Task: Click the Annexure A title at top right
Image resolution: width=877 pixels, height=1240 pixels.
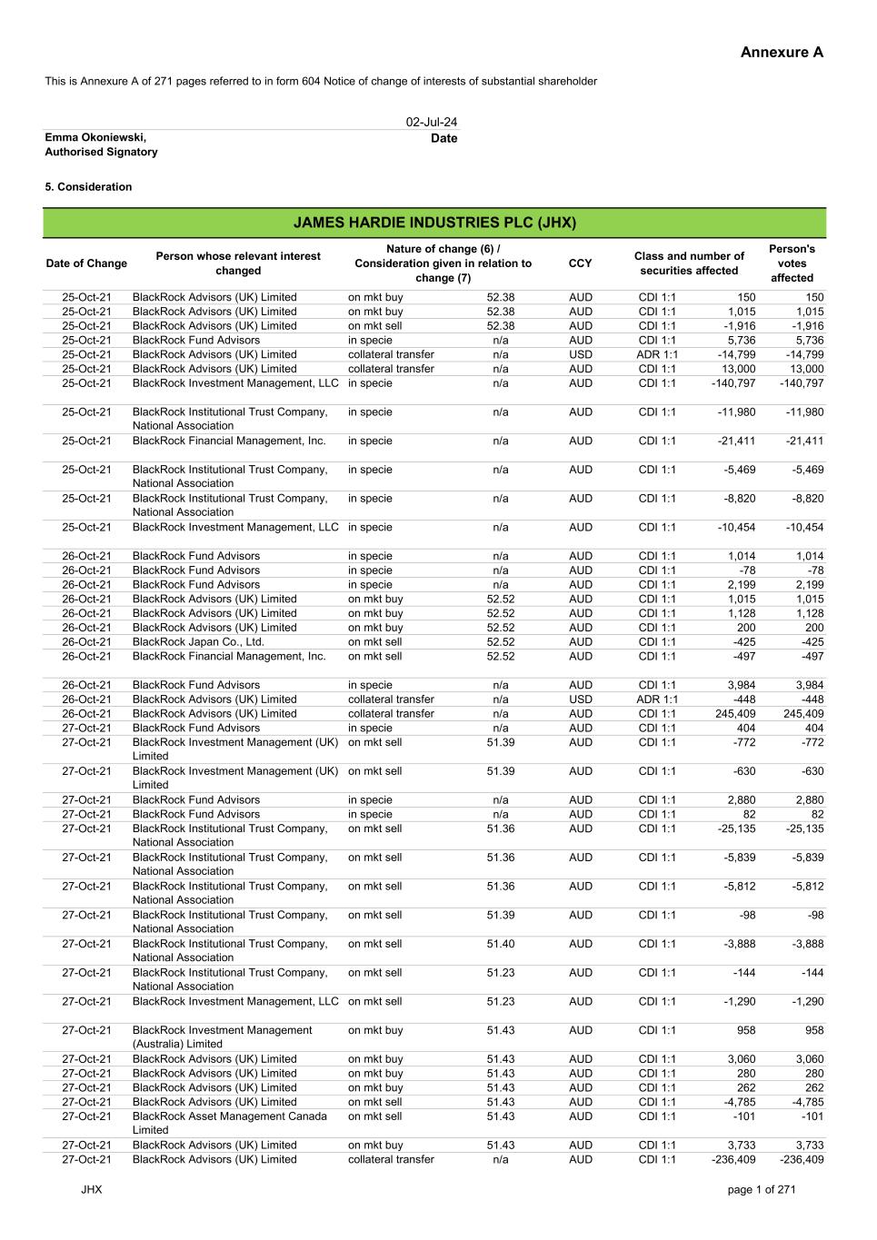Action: pyautogui.click(x=782, y=53)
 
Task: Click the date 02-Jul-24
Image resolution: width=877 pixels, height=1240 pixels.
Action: pyautogui.click(x=432, y=122)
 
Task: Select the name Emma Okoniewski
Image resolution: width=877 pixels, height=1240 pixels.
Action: pyautogui.click(x=95, y=137)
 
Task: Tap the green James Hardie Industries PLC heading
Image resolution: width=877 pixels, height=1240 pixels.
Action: pyautogui.click(x=434, y=223)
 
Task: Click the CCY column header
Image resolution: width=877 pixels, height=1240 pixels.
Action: pyautogui.click(x=580, y=263)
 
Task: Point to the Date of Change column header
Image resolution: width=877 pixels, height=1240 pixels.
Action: pyautogui.click(x=86, y=263)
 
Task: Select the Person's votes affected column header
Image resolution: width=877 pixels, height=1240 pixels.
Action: pyautogui.click(x=792, y=263)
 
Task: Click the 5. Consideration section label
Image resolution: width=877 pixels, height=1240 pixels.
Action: pyautogui.click(x=88, y=187)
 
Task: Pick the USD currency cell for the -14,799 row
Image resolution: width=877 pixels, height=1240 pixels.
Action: pyautogui.click(x=580, y=354)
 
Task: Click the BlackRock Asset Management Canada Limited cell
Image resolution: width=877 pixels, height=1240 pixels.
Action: pyautogui.click(x=229, y=1123)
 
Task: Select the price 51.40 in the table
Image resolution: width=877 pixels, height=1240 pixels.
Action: pyautogui.click(x=500, y=944)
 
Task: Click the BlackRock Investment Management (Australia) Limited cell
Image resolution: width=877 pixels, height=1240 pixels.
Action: pyautogui.click(x=222, y=1037)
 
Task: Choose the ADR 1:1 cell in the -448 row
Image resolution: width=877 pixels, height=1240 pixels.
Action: pyautogui.click(x=657, y=699)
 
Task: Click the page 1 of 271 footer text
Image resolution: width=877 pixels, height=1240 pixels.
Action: pyautogui.click(x=762, y=1190)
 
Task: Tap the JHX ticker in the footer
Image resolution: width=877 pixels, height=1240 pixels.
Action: pyautogui.click(x=91, y=1190)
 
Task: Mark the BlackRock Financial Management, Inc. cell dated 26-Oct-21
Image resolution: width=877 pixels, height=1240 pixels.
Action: pyautogui.click(x=229, y=656)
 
